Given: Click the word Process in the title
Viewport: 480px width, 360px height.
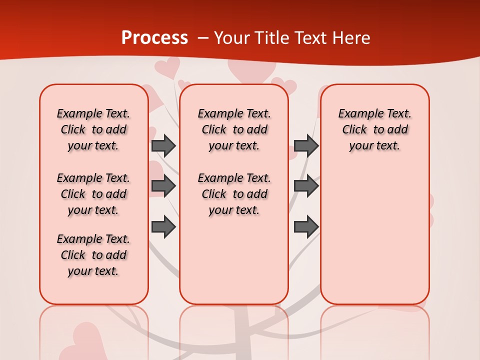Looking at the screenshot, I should point(154,38).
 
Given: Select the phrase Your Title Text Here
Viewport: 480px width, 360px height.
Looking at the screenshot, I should point(292,38).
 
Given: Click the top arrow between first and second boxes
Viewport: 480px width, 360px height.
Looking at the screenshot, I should point(163,145).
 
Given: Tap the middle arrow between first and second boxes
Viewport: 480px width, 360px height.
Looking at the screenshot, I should point(163,186).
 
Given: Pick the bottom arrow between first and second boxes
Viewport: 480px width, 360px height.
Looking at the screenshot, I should point(163,226).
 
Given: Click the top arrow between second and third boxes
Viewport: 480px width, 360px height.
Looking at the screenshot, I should point(306,145).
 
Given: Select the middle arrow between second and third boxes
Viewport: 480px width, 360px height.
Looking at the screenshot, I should point(306,186).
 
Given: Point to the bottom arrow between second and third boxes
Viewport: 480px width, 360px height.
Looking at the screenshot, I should point(306,226).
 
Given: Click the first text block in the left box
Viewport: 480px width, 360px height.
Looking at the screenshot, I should point(93,129).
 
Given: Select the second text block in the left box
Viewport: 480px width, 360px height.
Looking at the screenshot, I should point(93,194).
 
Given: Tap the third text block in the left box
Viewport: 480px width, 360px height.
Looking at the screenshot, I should point(93,255).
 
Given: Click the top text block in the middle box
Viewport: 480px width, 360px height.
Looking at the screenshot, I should point(234,129).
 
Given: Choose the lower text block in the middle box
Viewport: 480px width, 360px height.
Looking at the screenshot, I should point(234,194).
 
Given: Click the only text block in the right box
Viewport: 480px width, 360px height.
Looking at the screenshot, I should point(374,129).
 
